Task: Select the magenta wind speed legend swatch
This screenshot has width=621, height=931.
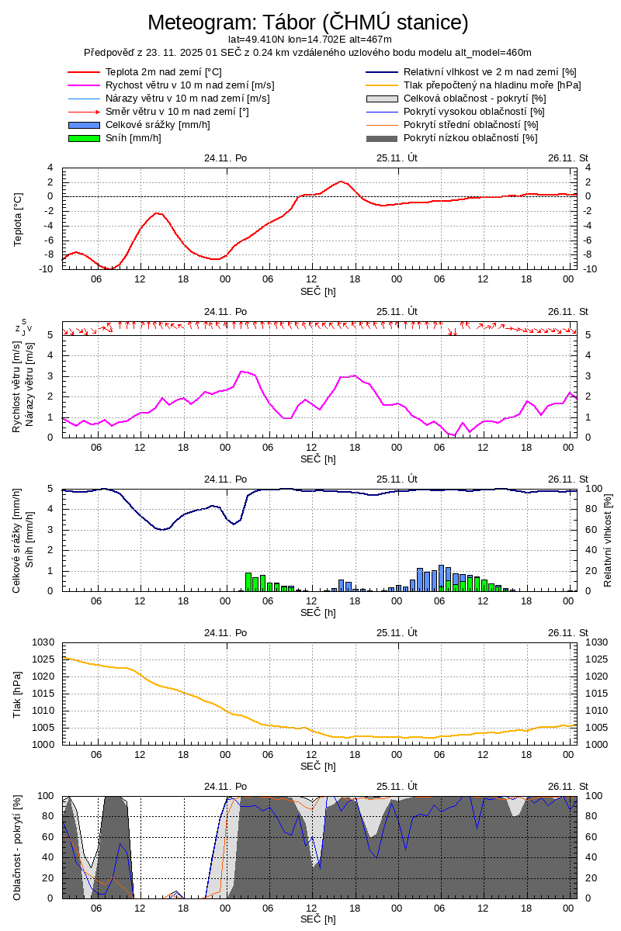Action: pos(85,85)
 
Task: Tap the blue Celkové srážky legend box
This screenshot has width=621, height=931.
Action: pos(85,125)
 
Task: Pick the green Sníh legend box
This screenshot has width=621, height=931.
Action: pos(85,138)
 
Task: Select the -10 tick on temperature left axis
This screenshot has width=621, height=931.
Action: pos(46,269)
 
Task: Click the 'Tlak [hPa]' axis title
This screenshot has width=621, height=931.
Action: pos(19,693)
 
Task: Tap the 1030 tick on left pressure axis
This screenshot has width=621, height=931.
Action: pos(42,642)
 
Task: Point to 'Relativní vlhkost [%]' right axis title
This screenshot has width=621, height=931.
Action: pos(608,539)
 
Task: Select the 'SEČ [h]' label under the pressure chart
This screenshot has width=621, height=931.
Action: pos(318,767)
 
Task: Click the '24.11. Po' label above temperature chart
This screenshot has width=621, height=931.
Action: pos(226,158)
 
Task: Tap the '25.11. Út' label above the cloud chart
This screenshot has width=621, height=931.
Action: pos(397,785)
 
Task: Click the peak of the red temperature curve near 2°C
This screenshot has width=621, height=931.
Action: pos(340,182)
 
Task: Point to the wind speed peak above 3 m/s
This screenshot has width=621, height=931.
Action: pos(242,372)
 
